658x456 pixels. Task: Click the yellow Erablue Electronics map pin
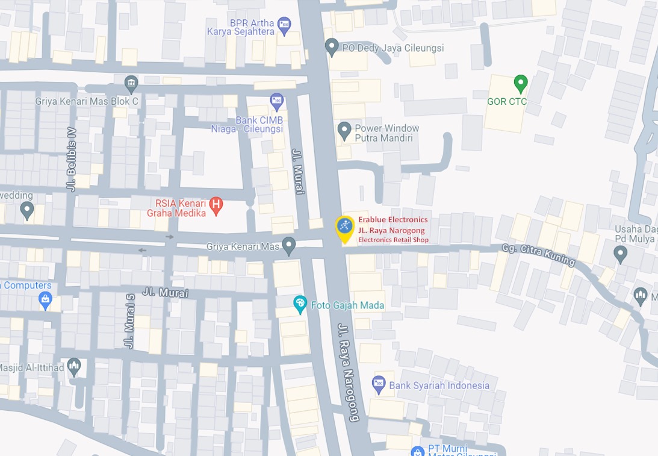click(345, 228)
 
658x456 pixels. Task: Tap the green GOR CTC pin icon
click(521, 83)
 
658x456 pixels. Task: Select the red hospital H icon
click(216, 206)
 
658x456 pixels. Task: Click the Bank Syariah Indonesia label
click(439, 386)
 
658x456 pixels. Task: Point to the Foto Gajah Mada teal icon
click(300, 304)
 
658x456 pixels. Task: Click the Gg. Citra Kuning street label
click(538, 255)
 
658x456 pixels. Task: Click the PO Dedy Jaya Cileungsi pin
click(332, 46)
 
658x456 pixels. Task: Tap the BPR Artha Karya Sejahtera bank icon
click(284, 24)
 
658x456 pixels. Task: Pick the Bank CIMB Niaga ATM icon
click(276, 99)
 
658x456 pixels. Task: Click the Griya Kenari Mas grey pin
click(289, 245)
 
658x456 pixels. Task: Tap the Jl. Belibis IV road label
click(72, 159)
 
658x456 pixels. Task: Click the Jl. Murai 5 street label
click(129, 320)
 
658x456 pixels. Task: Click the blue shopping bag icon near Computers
click(45, 298)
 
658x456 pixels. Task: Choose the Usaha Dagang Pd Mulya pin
click(621, 254)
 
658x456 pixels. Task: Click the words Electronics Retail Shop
click(393, 240)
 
